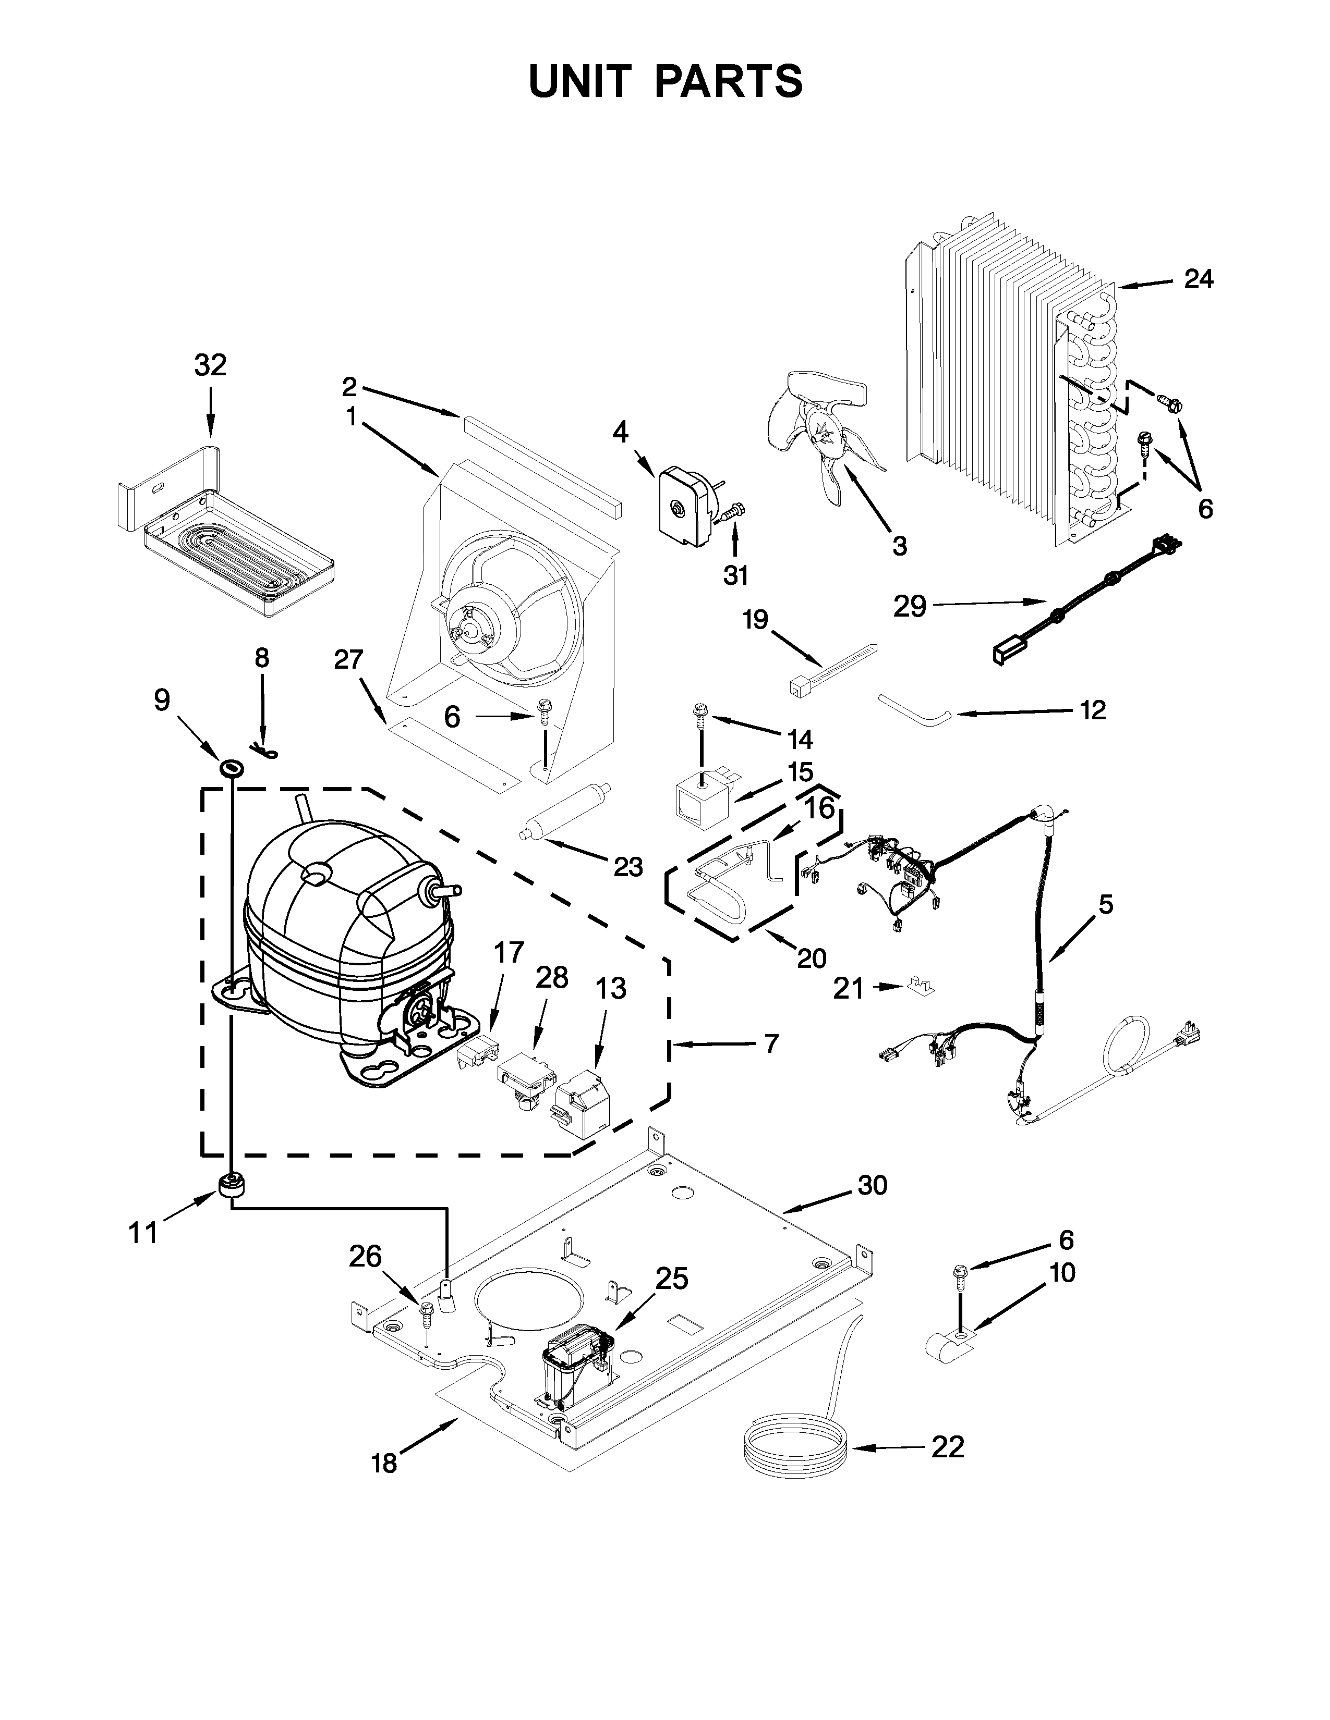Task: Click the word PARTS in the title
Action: (729, 82)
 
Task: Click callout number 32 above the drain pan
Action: (210, 365)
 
